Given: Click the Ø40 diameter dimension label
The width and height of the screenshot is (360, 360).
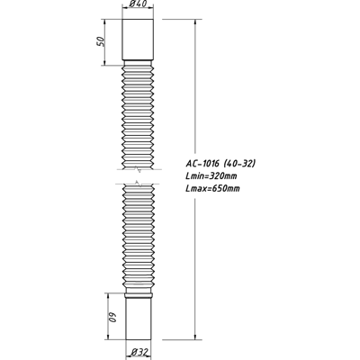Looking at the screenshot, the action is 139,4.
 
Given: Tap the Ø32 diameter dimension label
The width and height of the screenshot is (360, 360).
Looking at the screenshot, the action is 140,352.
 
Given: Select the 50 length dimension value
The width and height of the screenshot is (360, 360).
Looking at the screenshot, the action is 101,41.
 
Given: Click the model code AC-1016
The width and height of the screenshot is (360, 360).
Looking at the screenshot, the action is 203,164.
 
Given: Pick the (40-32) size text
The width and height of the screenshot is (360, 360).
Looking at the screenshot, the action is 239,164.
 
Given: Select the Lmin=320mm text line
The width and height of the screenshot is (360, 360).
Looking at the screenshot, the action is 211,175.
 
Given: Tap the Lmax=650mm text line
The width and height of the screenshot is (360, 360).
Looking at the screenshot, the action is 212,188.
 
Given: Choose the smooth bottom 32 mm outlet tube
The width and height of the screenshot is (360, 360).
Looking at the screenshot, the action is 139,319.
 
